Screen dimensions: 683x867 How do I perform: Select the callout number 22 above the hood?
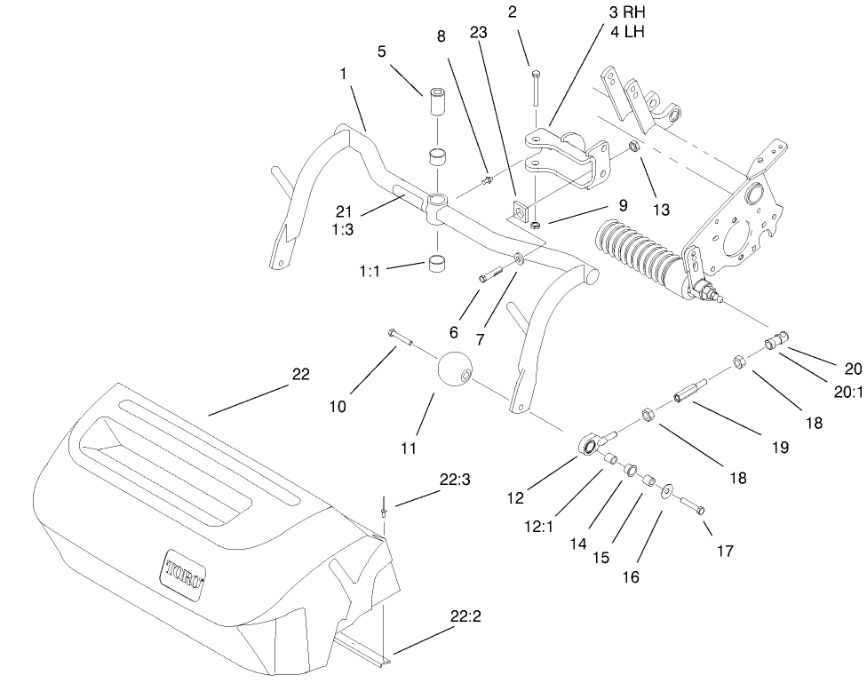pyautogui.click(x=301, y=374)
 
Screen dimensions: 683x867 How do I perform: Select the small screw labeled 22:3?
pyautogui.click(x=383, y=511)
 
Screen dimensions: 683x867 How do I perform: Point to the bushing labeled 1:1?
pyautogui.click(x=437, y=266)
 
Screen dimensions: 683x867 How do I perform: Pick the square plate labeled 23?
pyautogui.click(x=519, y=212)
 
